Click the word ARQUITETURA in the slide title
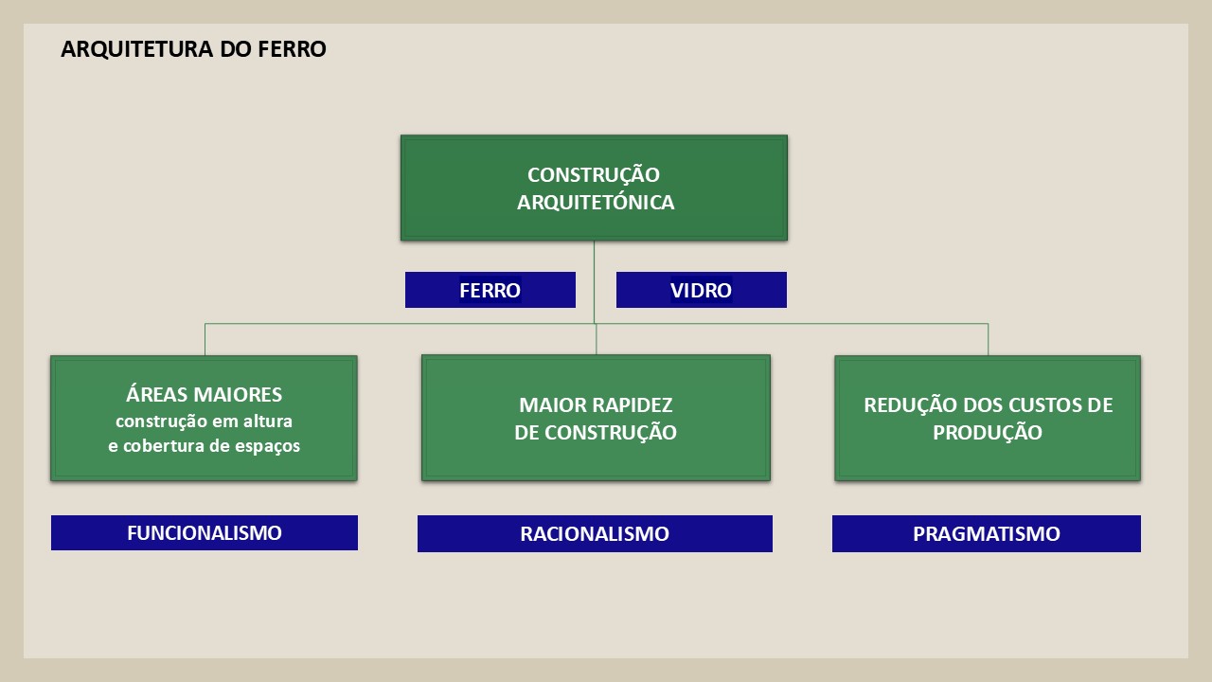point(137,48)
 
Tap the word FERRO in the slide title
point(292,48)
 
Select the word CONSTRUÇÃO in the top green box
point(594,174)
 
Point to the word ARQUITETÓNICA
point(596,202)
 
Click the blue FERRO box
point(490,290)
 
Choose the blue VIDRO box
point(702,290)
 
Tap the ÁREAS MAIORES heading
point(204,394)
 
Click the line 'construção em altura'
point(204,422)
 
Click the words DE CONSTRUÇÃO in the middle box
point(596,433)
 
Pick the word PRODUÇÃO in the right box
point(988,433)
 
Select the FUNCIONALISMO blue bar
point(205,532)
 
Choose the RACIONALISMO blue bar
point(595,533)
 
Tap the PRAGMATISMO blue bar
point(987,533)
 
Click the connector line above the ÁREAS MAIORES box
point(205,339)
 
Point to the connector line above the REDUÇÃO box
point(988,339)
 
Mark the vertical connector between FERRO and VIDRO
point(594,282)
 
